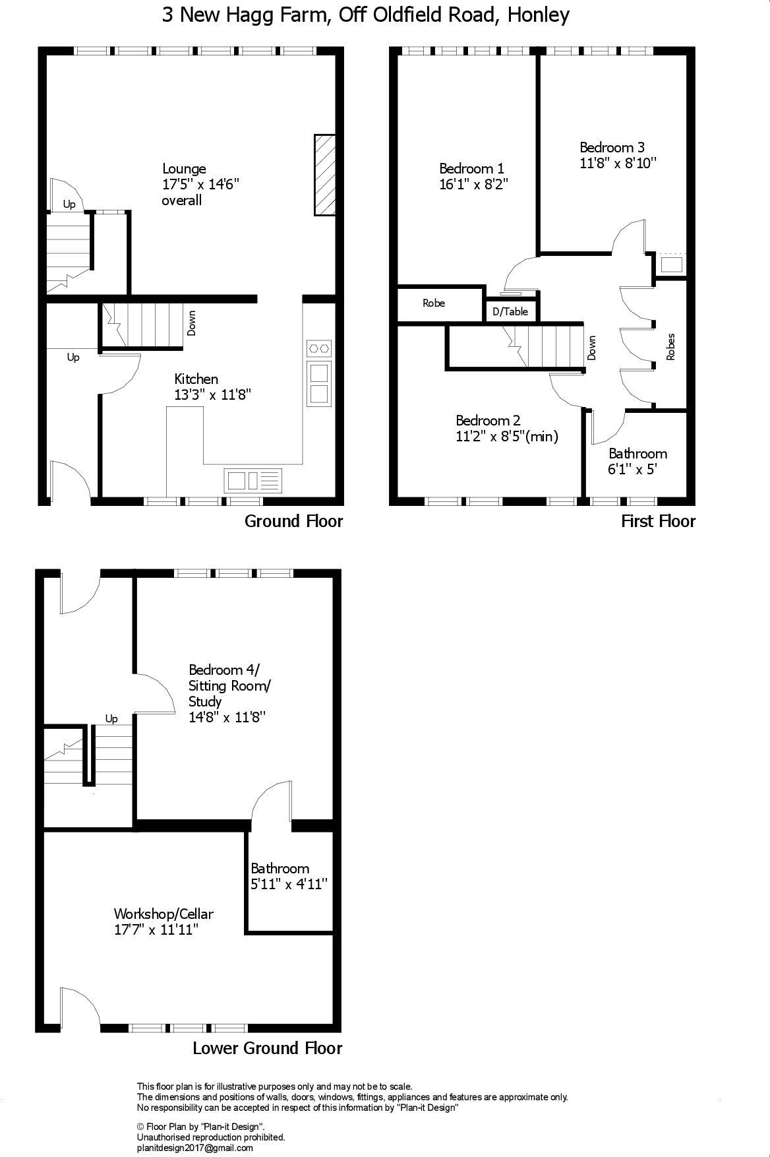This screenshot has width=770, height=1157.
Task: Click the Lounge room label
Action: [184, 169]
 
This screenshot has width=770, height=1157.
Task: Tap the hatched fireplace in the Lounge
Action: [324, 175]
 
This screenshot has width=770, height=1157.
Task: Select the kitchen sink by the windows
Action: [253, 480]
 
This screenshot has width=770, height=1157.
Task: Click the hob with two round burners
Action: [319, 348]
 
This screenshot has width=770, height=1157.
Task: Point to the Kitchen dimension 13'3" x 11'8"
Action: [213, 394]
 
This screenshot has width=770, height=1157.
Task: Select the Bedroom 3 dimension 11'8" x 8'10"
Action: [618, 163]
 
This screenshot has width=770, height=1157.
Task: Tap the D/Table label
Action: [510, 311]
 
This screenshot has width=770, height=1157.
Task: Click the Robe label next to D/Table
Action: [434, 303]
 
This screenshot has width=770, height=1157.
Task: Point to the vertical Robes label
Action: [671, 346]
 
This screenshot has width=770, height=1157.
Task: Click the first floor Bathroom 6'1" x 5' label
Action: [637, 461]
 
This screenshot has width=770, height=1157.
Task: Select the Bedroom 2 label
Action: [488, 420]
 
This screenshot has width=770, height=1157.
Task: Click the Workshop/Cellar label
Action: [163, 914]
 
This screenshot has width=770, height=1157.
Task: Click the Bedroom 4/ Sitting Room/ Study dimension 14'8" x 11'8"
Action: [226, 717]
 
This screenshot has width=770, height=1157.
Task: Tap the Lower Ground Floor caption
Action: [267, 1048]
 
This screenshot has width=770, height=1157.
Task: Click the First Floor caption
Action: [658, 521]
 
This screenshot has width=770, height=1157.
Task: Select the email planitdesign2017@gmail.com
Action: [194, 1148]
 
